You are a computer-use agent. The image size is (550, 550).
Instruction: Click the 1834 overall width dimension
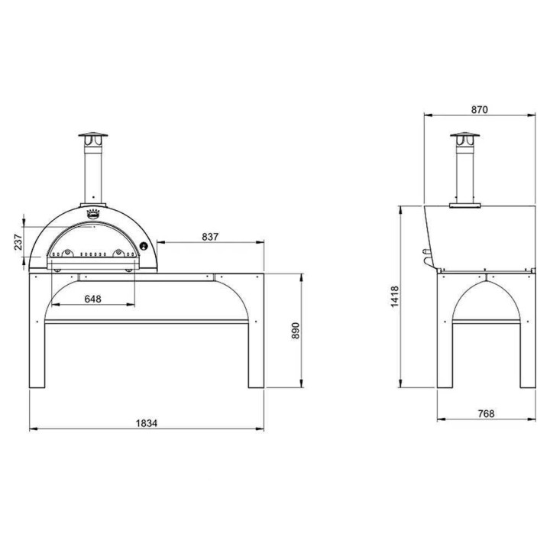point(147,423)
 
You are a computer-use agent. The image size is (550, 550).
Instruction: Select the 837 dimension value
point(210,237)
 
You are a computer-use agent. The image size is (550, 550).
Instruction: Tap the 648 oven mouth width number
point(93,299)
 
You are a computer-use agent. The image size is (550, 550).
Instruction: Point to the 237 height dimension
point(18,241)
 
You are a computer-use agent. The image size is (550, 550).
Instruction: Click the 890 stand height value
point(296,331)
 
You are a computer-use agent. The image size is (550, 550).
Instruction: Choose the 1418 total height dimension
point(395,296)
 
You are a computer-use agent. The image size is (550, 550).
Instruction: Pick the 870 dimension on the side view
point(479,110)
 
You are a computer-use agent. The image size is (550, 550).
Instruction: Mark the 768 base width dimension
point(486,414)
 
